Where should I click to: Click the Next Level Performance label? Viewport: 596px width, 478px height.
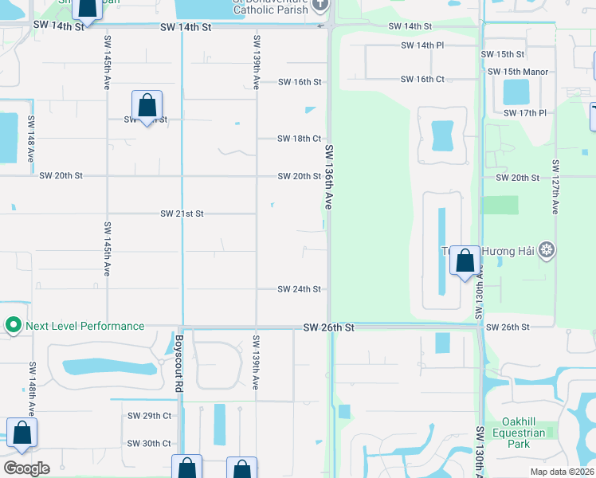coord(84,326)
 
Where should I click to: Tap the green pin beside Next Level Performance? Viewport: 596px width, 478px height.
coord(13,326)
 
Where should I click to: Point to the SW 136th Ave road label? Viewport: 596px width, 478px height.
coord(327,177)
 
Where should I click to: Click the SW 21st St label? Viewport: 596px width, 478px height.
coord(182,214)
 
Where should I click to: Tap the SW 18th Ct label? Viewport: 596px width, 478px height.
coord(299,139)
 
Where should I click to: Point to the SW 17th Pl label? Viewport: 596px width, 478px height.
coord(525,113)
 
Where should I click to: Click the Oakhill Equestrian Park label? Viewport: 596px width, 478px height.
coord(523,433)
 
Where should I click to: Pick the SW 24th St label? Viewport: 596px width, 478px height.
coord(299,289)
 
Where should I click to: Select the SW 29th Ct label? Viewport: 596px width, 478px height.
coord(149,416)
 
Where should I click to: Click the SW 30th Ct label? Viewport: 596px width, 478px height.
coord(149,443)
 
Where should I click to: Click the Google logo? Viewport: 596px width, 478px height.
coord(26,468)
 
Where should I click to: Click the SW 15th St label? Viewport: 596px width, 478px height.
coord(503,54)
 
